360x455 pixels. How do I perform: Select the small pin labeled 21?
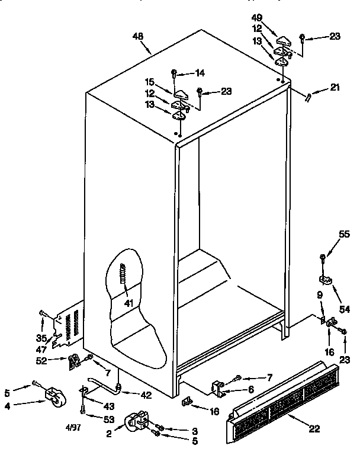(309, 97)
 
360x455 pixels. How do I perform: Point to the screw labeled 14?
(173, 73)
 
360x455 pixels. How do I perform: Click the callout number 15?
(150, 82)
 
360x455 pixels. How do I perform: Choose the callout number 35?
(40, 338)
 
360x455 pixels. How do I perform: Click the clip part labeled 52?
(74, 360)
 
